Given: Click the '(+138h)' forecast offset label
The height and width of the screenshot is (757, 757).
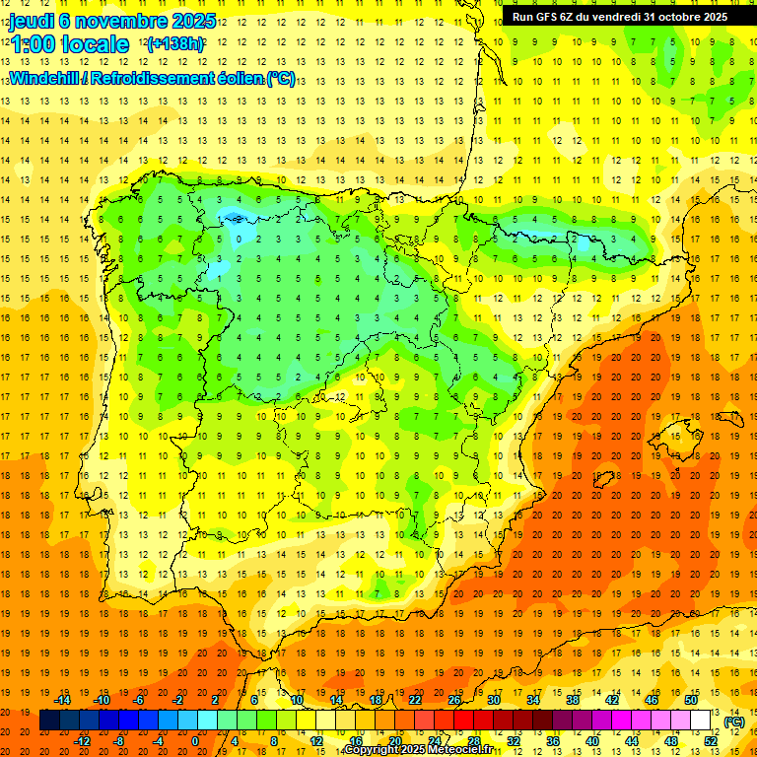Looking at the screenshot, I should (175, 44).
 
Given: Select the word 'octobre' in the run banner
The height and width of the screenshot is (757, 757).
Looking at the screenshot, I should (670, 17).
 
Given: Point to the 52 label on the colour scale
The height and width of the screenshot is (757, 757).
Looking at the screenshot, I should (711, 741).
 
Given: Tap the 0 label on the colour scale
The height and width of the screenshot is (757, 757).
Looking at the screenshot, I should (195, 741).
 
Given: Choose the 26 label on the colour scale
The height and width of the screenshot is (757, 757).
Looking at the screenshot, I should (453, 700).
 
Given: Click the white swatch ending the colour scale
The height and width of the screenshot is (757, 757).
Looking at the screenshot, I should (701, 721).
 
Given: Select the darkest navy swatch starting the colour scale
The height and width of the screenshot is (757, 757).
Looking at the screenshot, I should (49, 721).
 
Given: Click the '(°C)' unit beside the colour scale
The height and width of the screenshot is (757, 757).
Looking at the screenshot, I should (734, 722).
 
